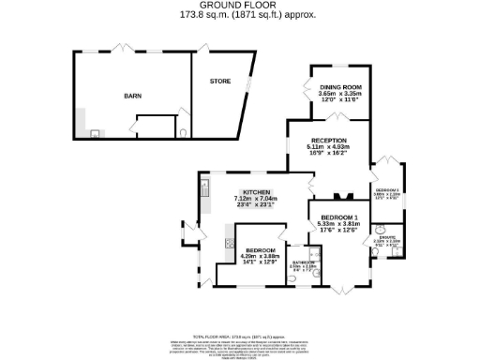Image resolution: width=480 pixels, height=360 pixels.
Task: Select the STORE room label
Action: click(219, 82)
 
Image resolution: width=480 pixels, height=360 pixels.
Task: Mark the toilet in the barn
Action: click(182, 132)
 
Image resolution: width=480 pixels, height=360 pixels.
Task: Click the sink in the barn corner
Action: click(94, 133)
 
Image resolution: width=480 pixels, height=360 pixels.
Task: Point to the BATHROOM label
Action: click(301, 262)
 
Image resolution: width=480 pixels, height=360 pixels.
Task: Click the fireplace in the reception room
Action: click(343, 196)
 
